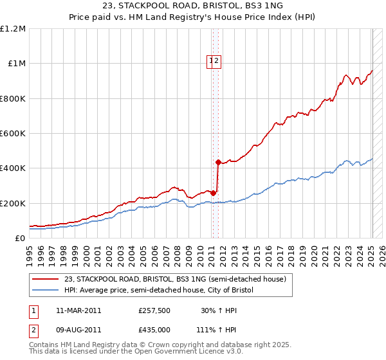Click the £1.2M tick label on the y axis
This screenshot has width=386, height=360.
click(13, 29)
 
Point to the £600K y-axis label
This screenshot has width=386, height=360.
click(13, 134)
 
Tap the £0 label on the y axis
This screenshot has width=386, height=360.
click(20, 239)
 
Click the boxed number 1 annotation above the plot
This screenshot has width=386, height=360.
click(210, 61)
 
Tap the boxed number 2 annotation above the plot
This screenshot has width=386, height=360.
click(217, 61)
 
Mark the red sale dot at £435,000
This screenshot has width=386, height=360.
click(218, 162)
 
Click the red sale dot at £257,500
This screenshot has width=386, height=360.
click(214, 193)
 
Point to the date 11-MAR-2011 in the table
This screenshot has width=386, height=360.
click(78, 310)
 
